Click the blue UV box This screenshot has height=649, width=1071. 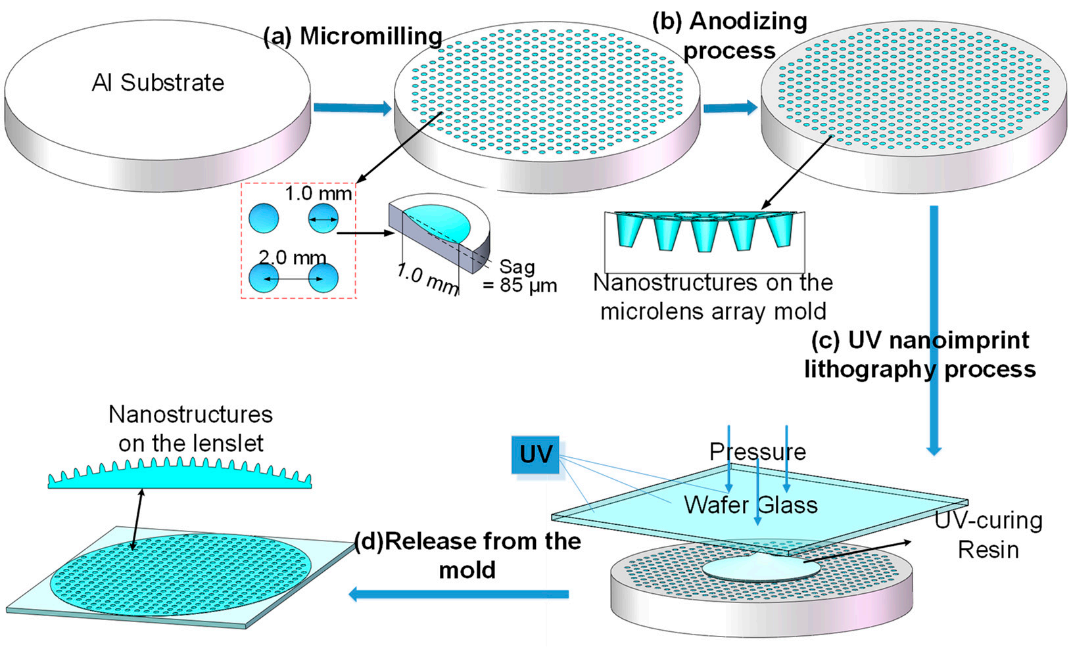tap(535, 455)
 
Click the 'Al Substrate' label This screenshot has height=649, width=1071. tap(158, 83)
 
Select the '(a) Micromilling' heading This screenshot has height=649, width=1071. tap(352, 37)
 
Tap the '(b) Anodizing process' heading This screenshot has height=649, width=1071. tap(729, 35)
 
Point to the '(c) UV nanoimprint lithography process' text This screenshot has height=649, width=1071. tap(920, 355)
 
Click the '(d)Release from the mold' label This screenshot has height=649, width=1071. tap(467, 555)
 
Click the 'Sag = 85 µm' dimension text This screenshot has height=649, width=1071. tap(519, 276)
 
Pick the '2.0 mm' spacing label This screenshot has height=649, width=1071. tap(292, 257)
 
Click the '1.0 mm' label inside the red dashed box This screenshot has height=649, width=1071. tap(318, 194)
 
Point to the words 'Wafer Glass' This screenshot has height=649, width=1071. tap(751, 504)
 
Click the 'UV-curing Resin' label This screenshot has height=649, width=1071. tap(988, 535)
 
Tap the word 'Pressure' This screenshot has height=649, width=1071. tap(757, 451)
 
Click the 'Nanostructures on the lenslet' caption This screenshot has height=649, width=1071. tap(191, 428)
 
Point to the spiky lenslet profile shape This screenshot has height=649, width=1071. tap(179, 474)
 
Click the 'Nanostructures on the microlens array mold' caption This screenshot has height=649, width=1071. tap(713, 296)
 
